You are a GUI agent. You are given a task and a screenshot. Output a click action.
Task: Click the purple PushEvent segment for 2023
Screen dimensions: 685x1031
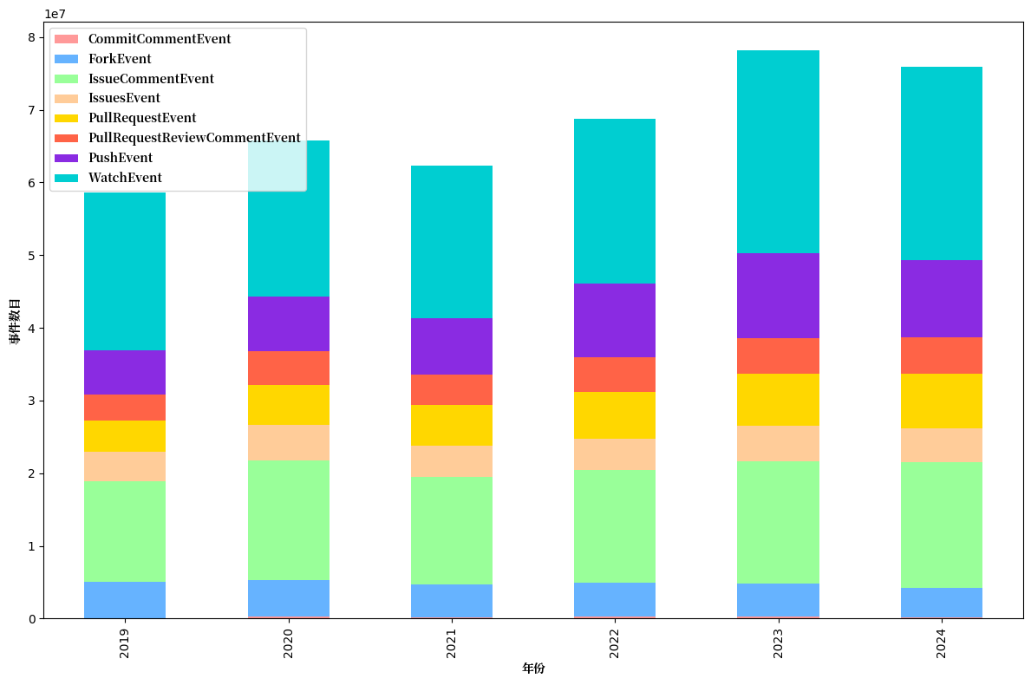778,296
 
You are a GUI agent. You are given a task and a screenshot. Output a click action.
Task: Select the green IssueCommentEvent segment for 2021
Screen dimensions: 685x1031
452,530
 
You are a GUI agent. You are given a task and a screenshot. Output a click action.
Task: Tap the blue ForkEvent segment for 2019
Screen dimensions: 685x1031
125,599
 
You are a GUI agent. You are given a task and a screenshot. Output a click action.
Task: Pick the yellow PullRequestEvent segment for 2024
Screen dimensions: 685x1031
941,401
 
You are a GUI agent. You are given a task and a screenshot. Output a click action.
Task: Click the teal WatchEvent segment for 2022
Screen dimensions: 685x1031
615,201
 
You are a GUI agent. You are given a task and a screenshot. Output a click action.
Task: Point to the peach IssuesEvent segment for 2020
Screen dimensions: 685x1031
288,442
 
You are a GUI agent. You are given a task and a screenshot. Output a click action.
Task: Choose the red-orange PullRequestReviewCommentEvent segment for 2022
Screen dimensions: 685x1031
615,375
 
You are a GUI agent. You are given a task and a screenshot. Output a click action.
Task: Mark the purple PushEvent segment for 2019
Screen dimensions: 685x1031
125,372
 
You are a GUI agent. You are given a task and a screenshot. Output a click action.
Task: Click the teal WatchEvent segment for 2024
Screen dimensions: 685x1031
941,163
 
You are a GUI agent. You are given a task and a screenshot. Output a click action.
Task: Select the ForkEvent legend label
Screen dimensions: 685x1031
120,59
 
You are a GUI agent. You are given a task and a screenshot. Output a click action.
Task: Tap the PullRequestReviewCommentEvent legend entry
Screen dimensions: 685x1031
194,138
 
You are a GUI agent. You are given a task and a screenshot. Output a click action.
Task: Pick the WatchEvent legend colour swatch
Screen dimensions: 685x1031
66,178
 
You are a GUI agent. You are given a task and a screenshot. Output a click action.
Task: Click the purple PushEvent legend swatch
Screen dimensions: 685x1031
66,158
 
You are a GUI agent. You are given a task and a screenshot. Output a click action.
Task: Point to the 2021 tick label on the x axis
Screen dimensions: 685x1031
452,643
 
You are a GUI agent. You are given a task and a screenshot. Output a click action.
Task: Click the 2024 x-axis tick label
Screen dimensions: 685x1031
941,643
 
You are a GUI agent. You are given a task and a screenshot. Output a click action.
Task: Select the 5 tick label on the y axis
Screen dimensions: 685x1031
31,256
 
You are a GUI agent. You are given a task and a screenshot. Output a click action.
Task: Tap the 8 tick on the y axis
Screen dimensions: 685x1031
31,37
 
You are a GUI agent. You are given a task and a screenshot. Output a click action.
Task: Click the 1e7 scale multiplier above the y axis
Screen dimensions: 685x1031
55,14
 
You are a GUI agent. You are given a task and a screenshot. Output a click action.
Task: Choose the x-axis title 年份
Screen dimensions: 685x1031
533,669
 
